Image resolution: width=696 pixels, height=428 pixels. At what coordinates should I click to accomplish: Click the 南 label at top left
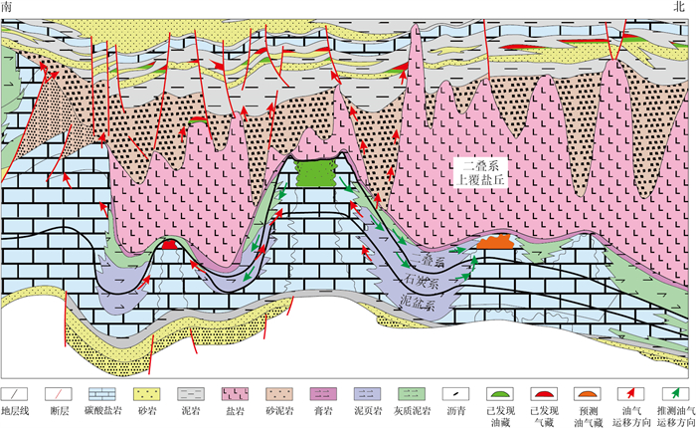(7, 8)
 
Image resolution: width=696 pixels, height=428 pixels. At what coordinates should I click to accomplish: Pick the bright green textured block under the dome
(316, 174)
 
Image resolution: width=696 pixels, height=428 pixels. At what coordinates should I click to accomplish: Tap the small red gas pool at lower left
(170, 243)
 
